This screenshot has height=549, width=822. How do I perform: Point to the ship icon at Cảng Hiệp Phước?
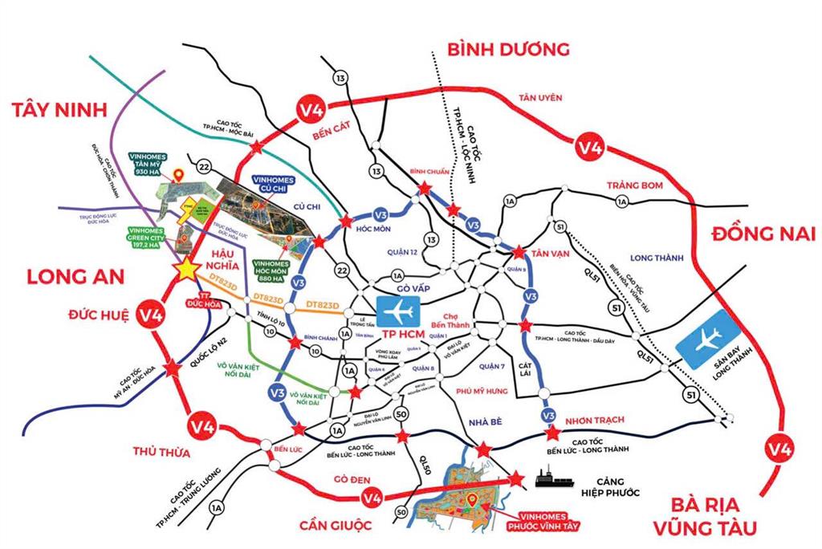coord(553,480)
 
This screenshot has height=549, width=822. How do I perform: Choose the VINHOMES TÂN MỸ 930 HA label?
coord(149,161)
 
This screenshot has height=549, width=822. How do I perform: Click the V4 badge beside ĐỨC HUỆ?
coord(152,313)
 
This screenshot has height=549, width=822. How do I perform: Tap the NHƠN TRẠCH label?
coord(594,419)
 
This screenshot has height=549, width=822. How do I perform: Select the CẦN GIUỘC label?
coord(336,526)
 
